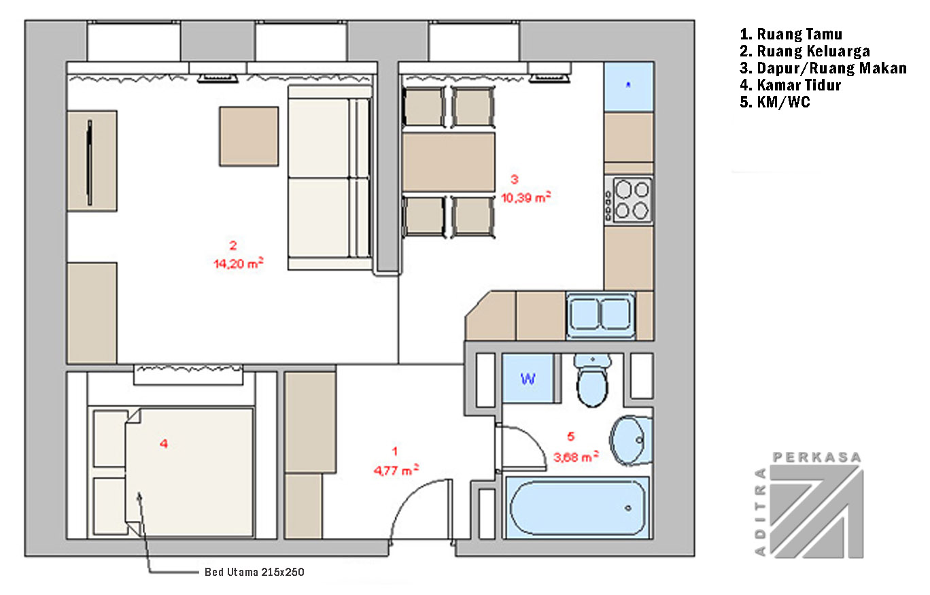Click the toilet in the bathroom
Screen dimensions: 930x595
tap(592, 380)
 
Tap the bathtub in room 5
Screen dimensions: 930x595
tap(576, 508)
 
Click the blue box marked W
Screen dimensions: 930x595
tap(528, 378)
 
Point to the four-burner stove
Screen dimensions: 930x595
tap(629, 201)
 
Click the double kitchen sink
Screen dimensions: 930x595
tap(600, 314)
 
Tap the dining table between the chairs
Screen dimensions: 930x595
tap(449, 163)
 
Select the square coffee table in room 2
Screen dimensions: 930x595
tap(249, 137)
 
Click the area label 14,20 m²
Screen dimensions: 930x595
tap(239, 263)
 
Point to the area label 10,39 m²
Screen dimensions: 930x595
tap(526, 197)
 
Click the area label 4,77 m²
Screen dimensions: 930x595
tap(396, 470)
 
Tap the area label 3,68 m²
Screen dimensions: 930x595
tap(576, 457)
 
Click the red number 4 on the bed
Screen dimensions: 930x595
tap(164, 444)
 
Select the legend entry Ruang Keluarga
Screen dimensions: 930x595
tap(805, 51)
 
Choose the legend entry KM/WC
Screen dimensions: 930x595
tap(775, 102)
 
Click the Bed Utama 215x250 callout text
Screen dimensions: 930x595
tap(254, 572)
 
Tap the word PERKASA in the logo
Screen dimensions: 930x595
tap(816, 458)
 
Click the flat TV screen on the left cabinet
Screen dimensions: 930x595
tap(90, 163)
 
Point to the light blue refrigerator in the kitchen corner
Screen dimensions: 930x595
tap(629, 86)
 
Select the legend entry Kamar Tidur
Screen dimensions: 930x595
tap(790, 85)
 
